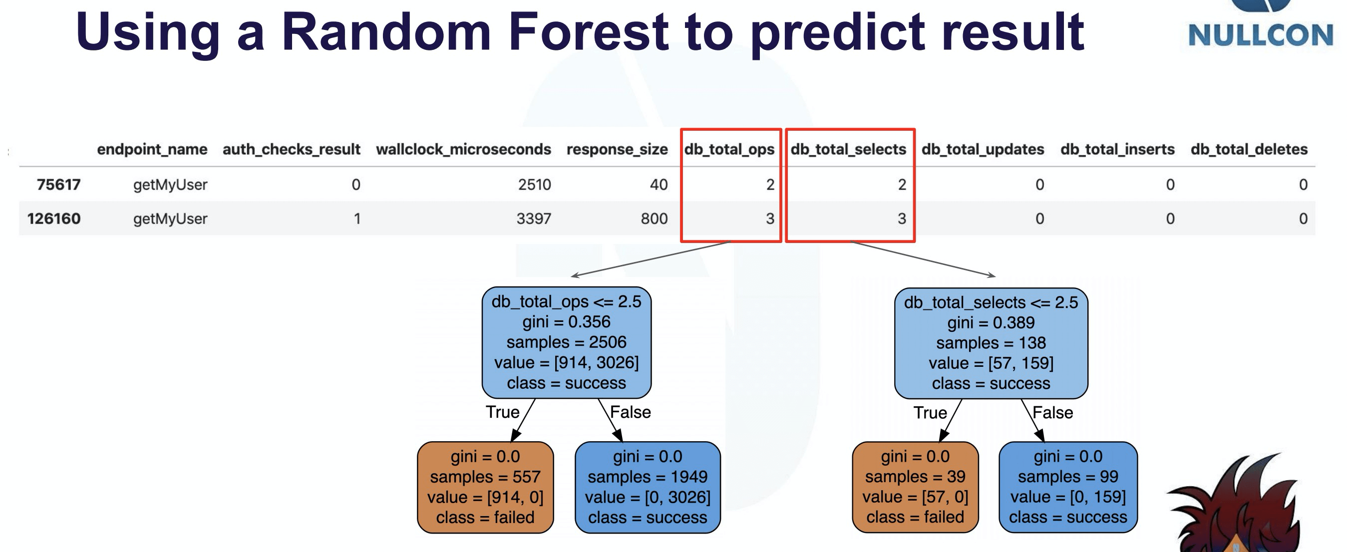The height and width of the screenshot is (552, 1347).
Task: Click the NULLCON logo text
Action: pos(1260,35)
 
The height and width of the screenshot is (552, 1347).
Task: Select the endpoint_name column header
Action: pos(152,150)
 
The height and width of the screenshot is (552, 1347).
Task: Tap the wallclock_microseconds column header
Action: pos(463,150)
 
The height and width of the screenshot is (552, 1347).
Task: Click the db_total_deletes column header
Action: pos(1249,150)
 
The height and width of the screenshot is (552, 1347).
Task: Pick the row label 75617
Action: pos(58,185)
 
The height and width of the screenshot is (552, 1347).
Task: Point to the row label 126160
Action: pos(54,219)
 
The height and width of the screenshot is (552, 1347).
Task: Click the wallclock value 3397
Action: pos(533,219)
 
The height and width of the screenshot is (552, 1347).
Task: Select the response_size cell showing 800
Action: pos(654,219)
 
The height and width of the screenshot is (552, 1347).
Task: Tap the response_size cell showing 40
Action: pos(659,185)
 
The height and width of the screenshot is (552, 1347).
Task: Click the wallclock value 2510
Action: pos(534,185)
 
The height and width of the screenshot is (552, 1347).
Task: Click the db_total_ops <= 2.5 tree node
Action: pos(566,342)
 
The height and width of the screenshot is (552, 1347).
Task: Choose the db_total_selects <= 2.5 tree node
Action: pos(991,343)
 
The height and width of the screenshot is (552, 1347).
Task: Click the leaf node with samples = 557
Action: pos(485,487)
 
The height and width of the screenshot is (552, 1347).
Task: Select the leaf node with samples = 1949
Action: pos(648,487)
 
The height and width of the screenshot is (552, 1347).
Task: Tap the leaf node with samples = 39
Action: pos(915,487)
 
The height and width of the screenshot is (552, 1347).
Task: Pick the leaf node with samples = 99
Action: pos(1068,487)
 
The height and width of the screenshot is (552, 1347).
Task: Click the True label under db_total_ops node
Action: pos(503,412)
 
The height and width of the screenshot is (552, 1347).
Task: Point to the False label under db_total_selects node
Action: pos(1052,413)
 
